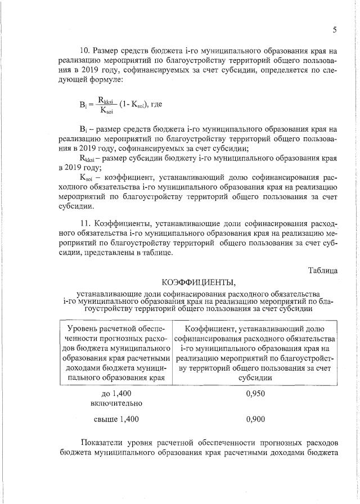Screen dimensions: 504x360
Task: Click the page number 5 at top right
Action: click(335, 30)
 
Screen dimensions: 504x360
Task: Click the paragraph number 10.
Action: click(85, 51)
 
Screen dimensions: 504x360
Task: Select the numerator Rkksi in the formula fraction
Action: click(106, 100)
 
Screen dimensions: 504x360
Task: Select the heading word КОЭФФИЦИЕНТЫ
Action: click(197, 282)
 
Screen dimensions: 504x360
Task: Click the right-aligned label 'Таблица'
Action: click(322, 270)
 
